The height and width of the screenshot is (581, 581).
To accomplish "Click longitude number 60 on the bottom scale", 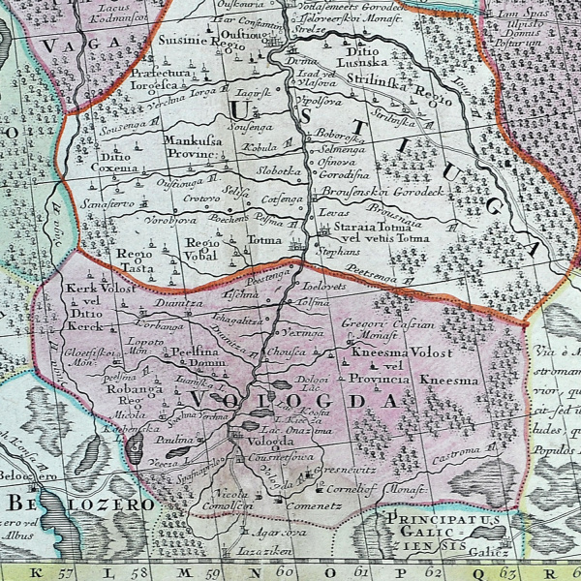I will pos(283,570).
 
